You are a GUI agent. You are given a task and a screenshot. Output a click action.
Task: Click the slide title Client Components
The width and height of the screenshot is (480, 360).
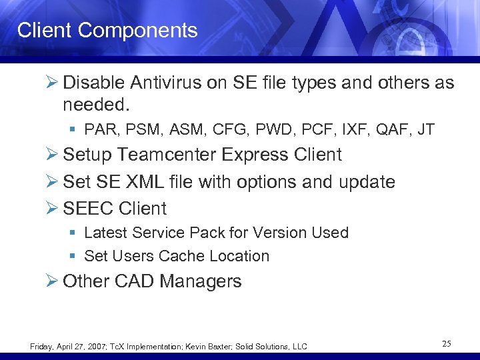tap(107, 30)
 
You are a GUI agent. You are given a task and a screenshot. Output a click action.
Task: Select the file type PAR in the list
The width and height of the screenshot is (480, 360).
tap(98, 129)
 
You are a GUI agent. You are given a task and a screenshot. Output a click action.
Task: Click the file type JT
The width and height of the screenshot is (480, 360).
tap(425, 129)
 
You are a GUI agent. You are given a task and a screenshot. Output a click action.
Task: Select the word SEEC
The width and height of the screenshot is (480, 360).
tap(88, 209)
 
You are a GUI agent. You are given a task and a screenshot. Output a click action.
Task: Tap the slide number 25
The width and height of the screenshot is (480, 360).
tap(446, 344)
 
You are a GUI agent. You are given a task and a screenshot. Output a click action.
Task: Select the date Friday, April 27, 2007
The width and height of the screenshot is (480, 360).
tap(67, 346)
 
